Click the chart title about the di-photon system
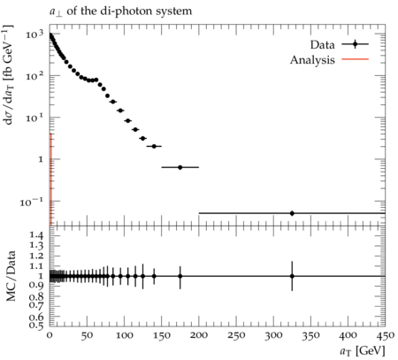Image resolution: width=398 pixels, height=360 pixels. click(120, 11)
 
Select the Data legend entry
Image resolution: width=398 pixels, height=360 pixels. click(339, 45)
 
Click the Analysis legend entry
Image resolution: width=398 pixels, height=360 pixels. click(329, 60)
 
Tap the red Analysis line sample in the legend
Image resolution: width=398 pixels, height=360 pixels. click(356, 59)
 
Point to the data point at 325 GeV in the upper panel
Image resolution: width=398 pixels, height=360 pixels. click(292, 213)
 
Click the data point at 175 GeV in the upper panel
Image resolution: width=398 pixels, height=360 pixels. click(180, 167)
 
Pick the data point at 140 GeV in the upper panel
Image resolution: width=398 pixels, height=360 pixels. click(154, 146)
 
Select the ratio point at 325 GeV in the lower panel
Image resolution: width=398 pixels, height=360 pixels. click(292, 276)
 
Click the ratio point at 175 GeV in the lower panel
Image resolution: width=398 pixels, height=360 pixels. click(180, 276)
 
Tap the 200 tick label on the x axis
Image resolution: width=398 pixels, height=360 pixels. click(199, 335)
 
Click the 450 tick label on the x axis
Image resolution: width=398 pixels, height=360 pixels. click(385, 335)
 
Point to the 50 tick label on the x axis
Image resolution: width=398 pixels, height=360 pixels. click(87, 335)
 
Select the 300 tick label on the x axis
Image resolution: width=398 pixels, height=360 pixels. click(273, 335)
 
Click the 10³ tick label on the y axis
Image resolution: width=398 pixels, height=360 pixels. click(34, 34)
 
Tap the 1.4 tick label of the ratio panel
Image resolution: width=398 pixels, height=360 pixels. click(36, 235)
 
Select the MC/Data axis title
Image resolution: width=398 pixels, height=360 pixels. click(11, 276)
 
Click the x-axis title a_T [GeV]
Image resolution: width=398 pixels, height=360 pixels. click(363, 351)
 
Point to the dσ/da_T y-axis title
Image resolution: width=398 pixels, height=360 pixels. click(9, 74)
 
